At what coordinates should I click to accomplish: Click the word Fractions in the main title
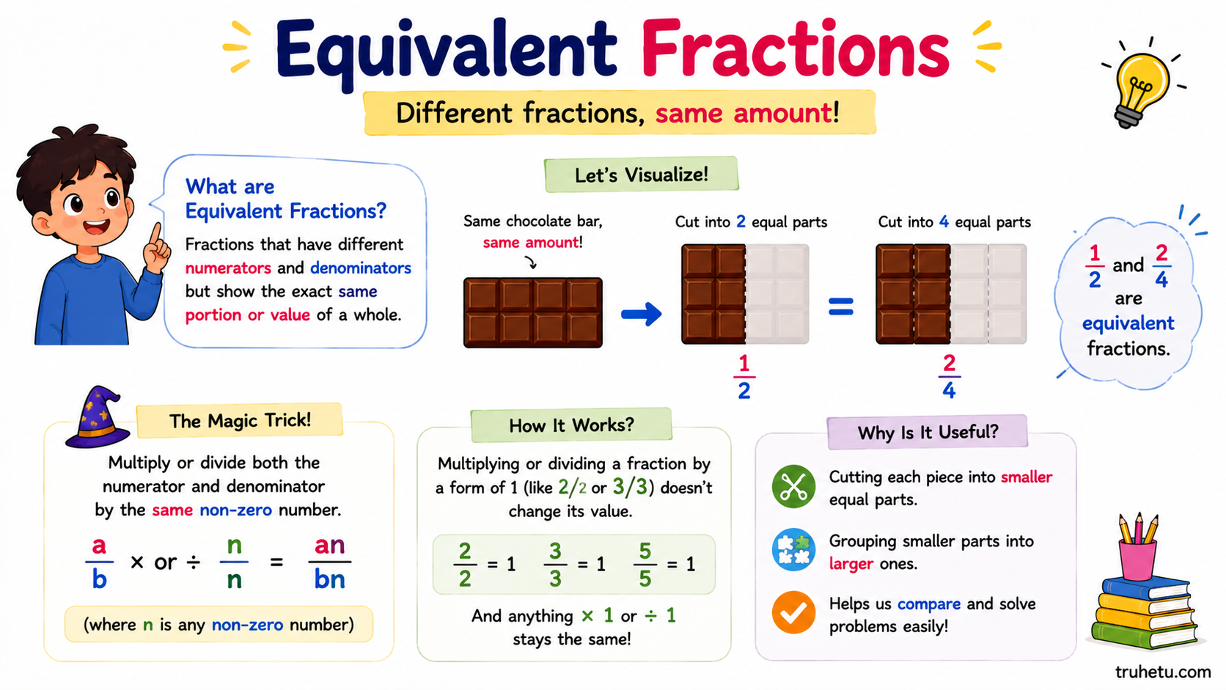795,49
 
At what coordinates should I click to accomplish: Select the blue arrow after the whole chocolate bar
642,314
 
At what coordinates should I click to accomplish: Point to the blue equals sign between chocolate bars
841,307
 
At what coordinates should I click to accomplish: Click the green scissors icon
793,486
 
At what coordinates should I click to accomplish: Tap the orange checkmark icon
793,612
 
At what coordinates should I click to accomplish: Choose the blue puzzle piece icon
793,549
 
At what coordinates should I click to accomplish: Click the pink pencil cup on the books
1137,558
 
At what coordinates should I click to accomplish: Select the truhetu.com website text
1162,672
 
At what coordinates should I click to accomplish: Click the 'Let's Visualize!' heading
642,175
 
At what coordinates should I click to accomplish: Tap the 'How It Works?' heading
571,425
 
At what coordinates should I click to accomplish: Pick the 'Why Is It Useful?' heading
928,433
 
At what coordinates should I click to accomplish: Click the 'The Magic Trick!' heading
241,421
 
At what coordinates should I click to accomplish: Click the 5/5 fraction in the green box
645,564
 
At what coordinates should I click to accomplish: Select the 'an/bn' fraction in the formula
329,562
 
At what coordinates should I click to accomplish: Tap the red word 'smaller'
1027,477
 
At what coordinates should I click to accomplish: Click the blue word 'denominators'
361,268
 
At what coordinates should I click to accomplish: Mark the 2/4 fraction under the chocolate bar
950,376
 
